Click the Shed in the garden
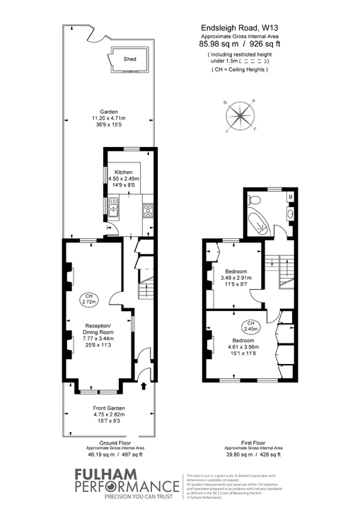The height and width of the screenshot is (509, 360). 129,60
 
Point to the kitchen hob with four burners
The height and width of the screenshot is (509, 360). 148,209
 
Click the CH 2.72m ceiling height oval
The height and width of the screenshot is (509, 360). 88,299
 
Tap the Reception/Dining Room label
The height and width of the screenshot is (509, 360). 95,332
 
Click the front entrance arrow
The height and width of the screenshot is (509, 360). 145,386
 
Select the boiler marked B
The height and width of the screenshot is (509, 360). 290,196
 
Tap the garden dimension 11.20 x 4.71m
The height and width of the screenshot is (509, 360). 108,118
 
